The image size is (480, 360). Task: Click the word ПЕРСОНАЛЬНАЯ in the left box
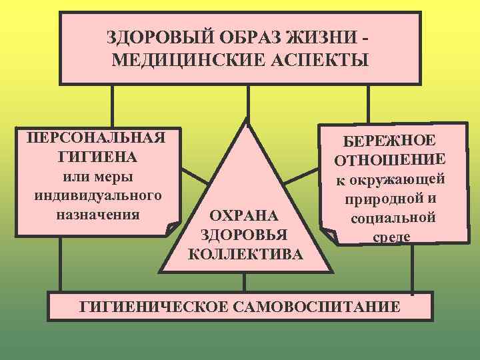click(93, 139)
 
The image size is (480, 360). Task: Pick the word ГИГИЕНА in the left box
click(93, 158)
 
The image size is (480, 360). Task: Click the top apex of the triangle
click(247, 121)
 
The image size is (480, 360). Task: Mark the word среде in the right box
click(391, 237)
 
